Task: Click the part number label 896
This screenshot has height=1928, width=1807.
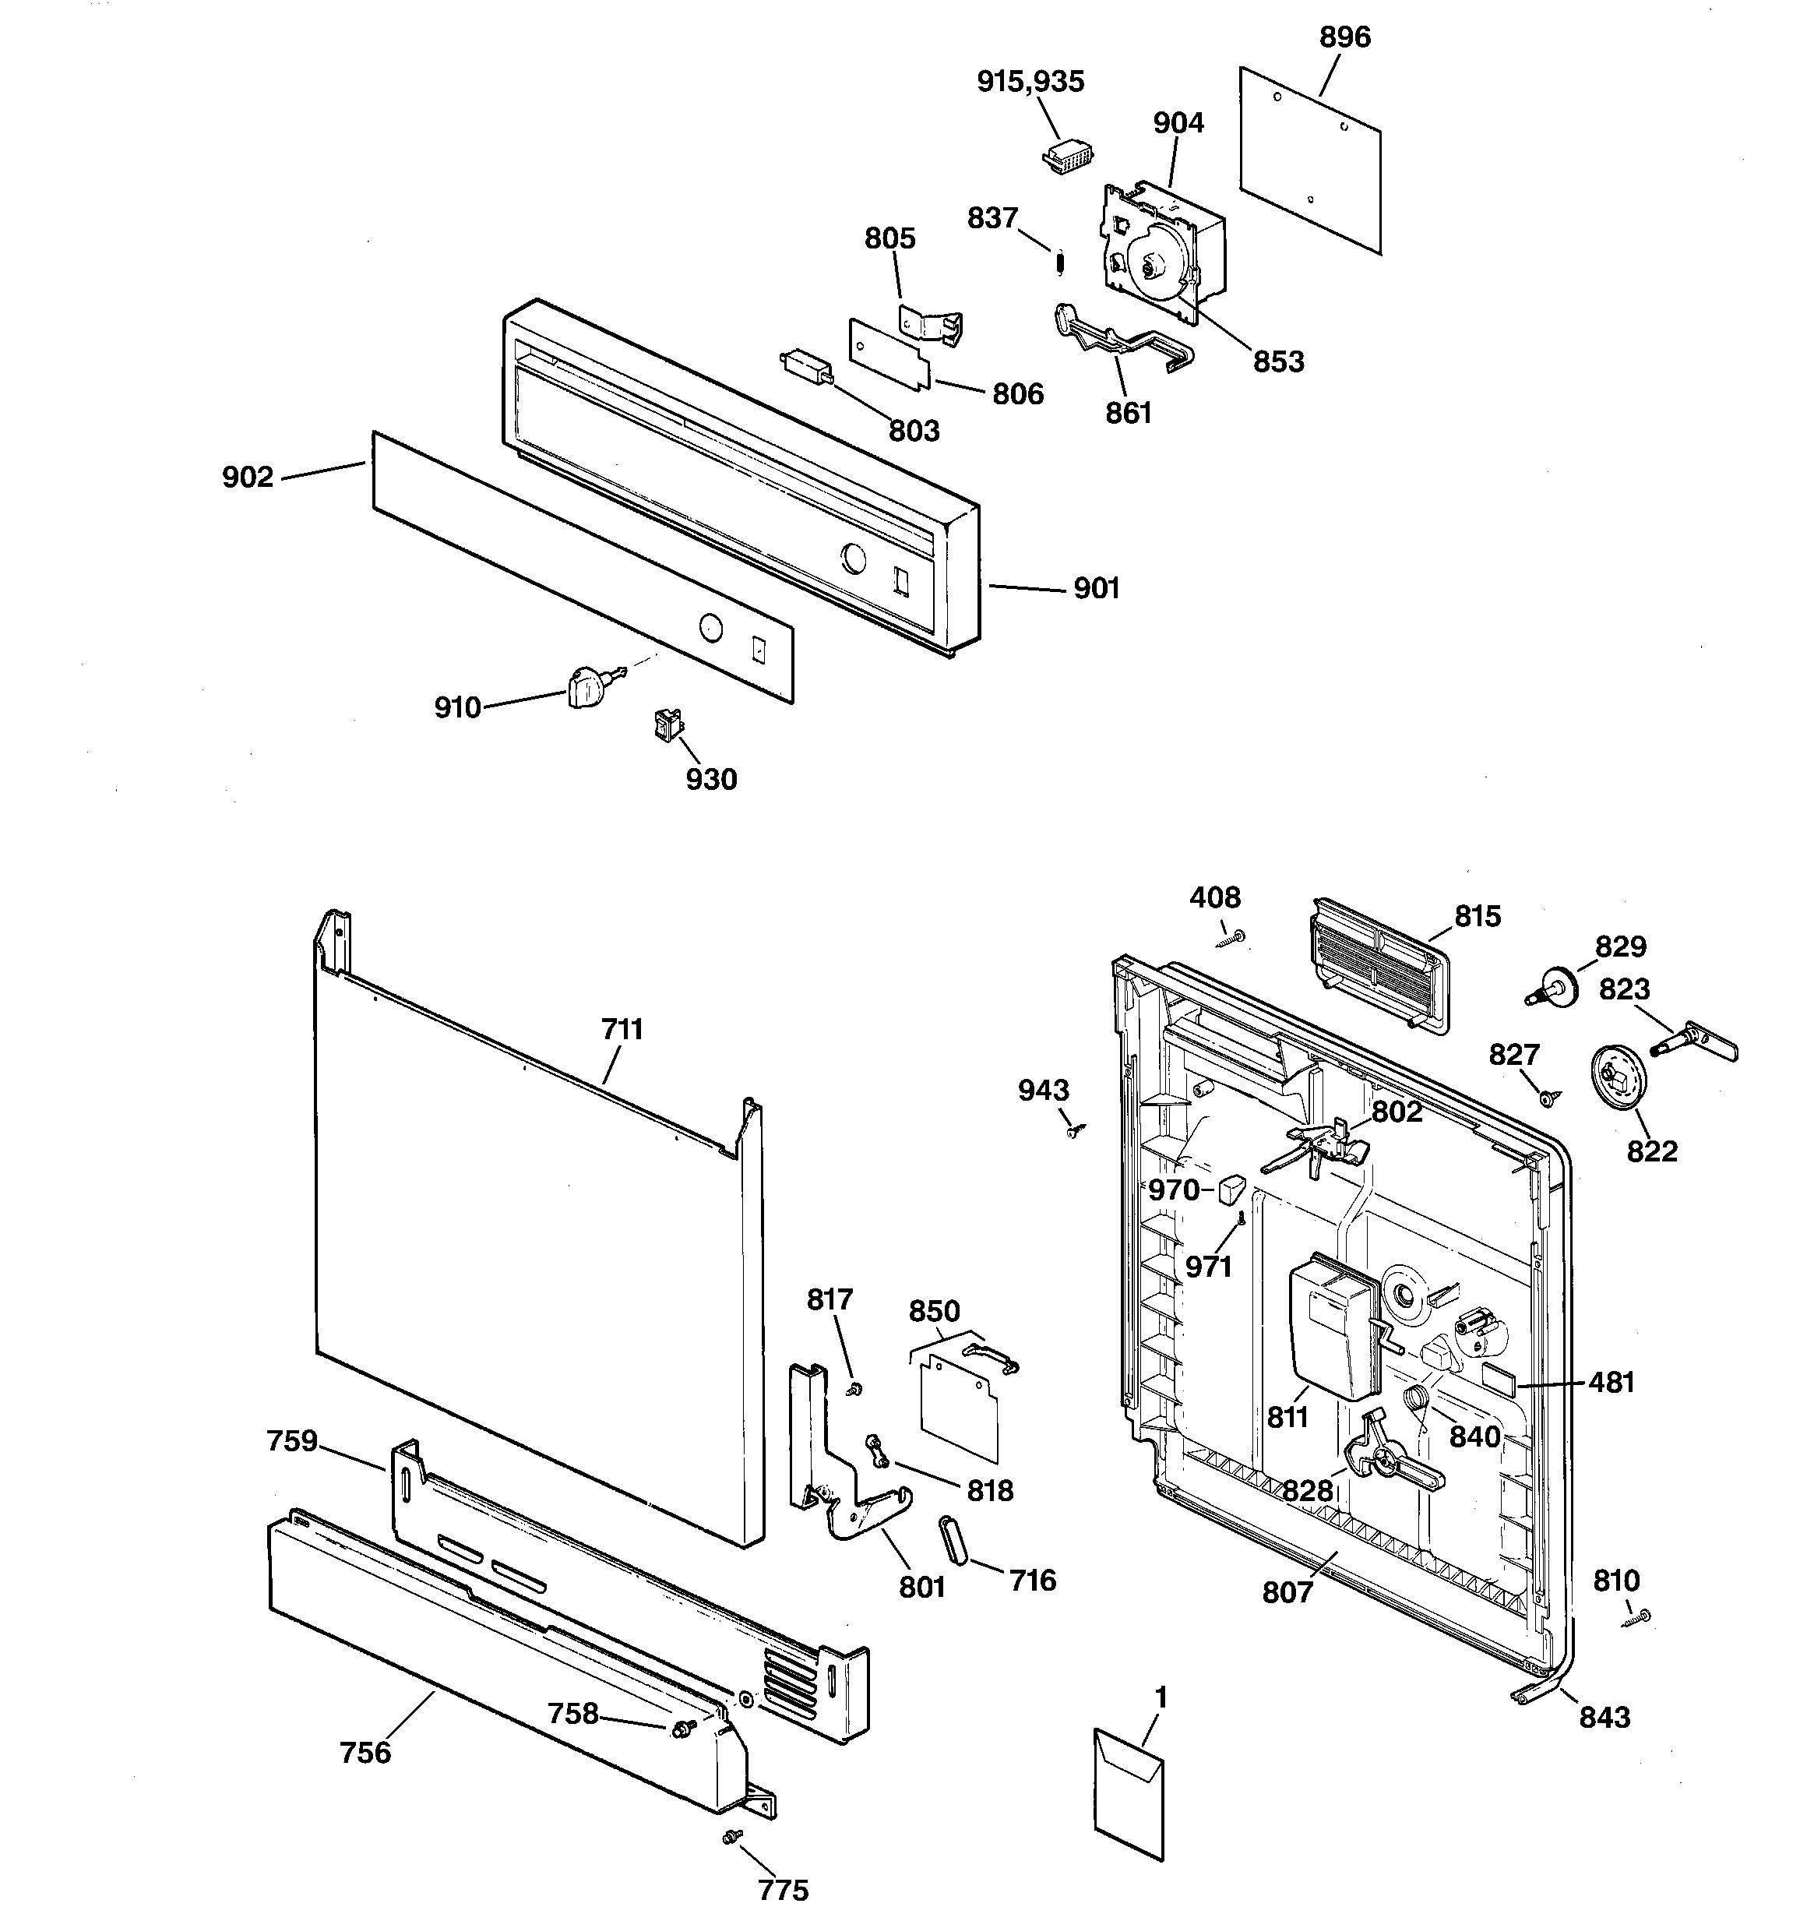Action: (1344, 37)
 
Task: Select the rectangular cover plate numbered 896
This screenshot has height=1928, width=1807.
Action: (1310, 160)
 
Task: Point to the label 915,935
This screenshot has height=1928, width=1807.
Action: (1030, 82)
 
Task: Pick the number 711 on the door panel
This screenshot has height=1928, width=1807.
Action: (622, 1029)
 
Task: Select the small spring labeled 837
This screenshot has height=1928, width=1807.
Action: (1061, 263)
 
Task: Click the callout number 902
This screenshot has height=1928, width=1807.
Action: (248, 478)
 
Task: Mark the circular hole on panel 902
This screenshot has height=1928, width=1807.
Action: (711, 627)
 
